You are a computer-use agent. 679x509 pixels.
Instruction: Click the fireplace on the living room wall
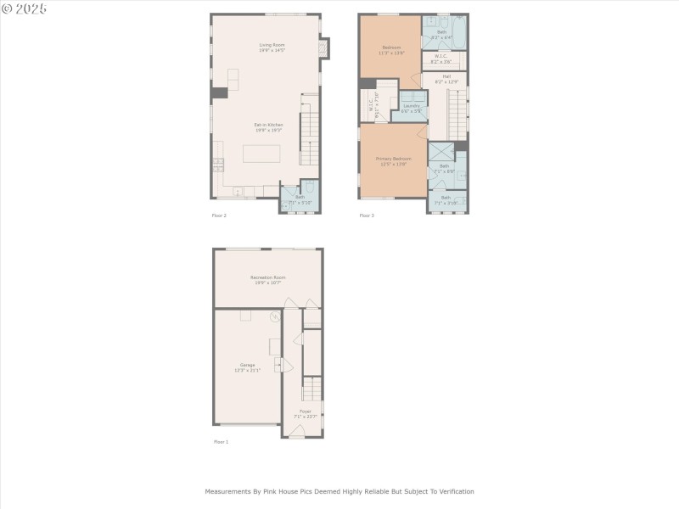pos(323,49)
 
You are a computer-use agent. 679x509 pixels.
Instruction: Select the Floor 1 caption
pos(220,442)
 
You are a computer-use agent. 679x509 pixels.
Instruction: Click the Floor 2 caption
pos(219,215)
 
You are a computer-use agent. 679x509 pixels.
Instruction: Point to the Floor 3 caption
pos(367,215)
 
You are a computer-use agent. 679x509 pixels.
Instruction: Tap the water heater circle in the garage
pos(275,316)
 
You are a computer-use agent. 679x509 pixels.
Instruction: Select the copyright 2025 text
pos(24,8)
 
